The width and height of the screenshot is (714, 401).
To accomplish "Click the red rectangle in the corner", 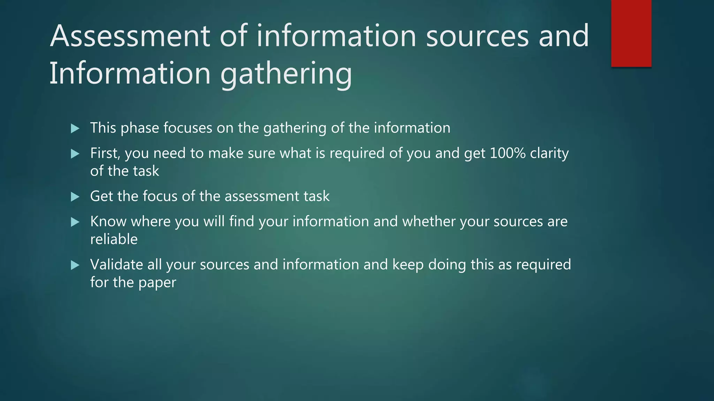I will [631, 33].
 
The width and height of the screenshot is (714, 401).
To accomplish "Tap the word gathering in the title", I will [286, 74].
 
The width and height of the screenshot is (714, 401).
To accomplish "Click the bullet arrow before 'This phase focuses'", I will [75, 128].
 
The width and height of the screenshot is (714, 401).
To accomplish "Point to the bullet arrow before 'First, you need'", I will [75, 154].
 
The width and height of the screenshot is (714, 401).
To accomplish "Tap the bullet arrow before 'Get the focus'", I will [75, 197].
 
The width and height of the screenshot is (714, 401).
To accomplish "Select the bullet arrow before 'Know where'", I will [75, 222].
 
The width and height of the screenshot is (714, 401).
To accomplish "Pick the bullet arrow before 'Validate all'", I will [75, 265].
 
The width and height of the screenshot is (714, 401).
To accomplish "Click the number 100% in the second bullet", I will [507, 153].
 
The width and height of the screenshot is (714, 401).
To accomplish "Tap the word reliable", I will [114, 239].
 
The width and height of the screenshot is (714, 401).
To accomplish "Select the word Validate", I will [116, 265].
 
